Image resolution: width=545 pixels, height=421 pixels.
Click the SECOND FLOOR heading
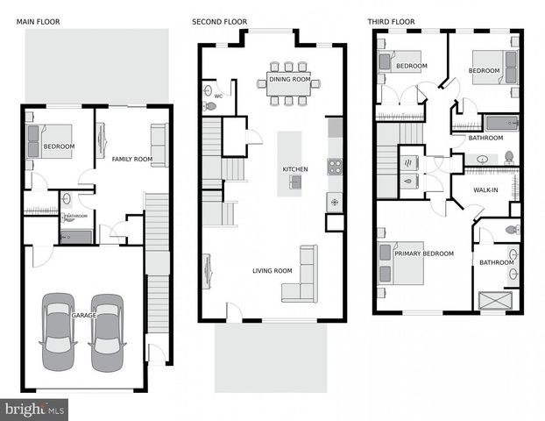tap(220, 21)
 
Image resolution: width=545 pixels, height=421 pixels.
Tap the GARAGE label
tap(84, 314)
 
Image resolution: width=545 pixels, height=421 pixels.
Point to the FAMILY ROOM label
tap(131, 159)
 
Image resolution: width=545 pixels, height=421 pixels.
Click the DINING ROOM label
tap(289, 79)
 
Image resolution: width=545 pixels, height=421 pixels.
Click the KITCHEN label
tap(294, 169)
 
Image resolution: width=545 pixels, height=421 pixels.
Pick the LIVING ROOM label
tap(272, 271)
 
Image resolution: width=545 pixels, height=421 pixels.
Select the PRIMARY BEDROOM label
tap(424, 253)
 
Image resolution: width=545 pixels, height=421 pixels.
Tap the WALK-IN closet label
tap(486, 189)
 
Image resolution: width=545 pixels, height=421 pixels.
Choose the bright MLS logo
tap(35, 408)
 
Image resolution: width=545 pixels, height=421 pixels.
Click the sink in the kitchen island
tap(296, 182)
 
